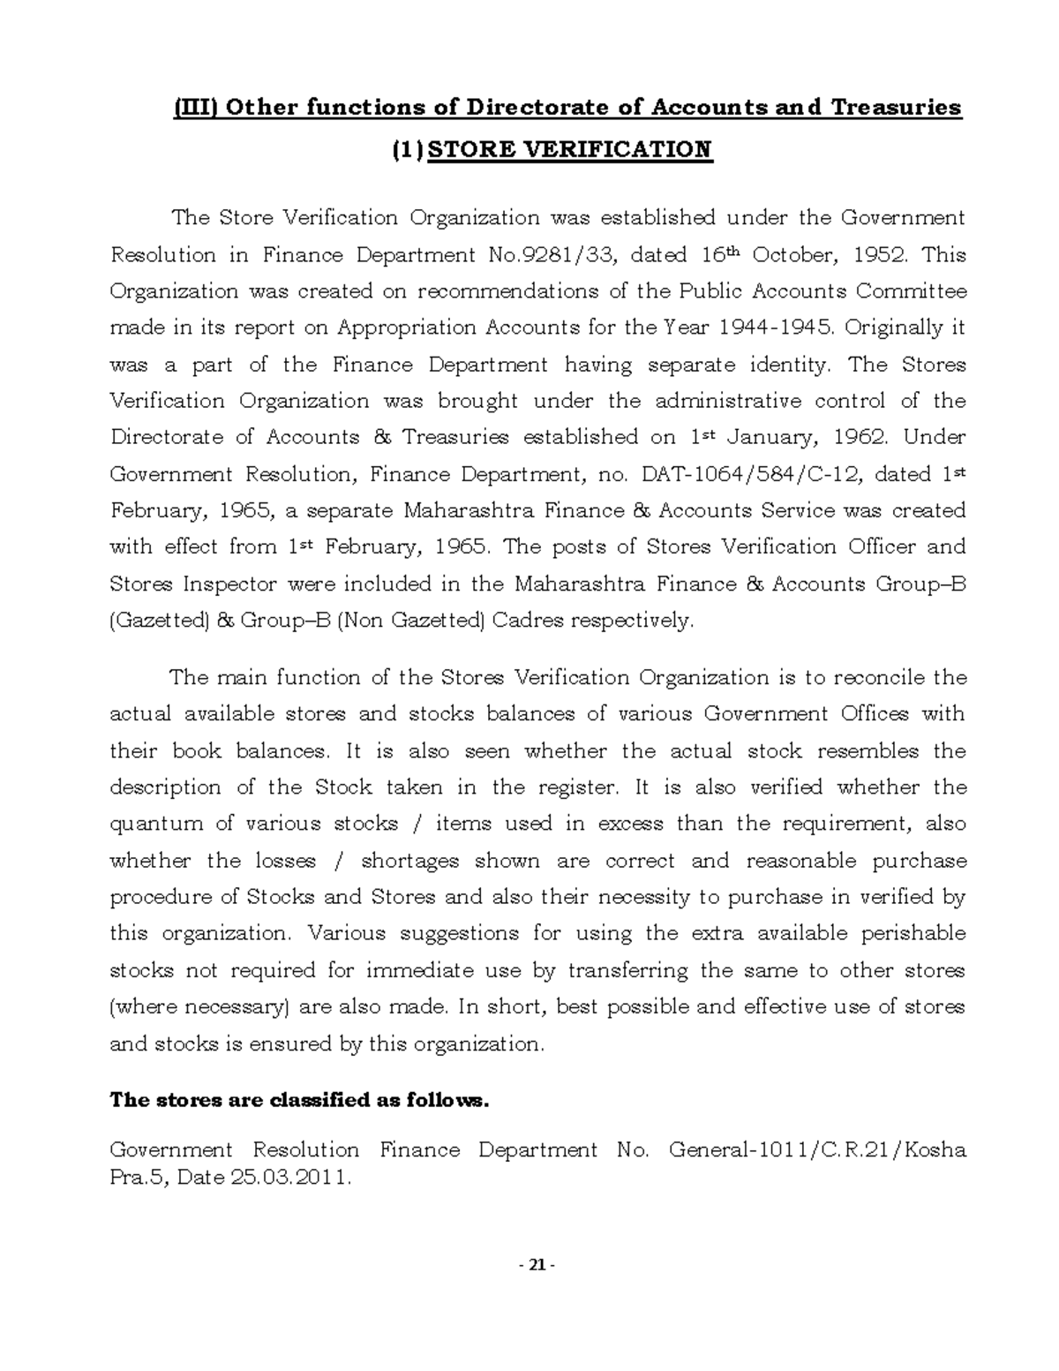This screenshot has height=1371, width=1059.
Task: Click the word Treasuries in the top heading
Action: point(893,108)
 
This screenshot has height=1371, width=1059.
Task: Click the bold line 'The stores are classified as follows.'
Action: point(297,1101)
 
